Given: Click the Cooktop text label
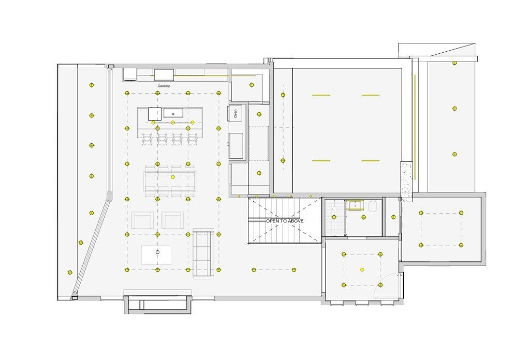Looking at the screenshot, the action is [x=164, y=86].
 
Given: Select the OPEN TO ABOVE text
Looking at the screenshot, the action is [x=285, y=221].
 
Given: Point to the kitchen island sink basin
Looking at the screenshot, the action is [x=173, y=113].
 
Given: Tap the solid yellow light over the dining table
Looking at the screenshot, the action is [x=173, y=177].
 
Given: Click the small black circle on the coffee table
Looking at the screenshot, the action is [x=157, y=252].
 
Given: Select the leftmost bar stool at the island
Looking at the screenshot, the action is [x=148, y=139].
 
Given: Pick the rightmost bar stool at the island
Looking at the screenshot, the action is [x=193, y=139].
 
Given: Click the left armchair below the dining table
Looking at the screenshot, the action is [x=142, y=220].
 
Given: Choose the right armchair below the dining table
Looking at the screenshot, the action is [x=173, y=220].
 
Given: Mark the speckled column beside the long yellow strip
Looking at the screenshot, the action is [x=407, y=182].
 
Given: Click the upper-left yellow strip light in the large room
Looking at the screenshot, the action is [x=321, y=95].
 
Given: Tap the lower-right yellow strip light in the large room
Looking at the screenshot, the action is [x=371, y=161].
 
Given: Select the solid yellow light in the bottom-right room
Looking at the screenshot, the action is [x=362, y=269].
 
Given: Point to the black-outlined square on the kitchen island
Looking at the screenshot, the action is [x=155, y=114].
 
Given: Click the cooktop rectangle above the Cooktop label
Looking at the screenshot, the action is [x=164, y=74].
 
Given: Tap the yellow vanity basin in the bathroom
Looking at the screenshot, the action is [x=355, y=205].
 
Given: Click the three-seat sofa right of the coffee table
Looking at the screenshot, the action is [x=203, y=253].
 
